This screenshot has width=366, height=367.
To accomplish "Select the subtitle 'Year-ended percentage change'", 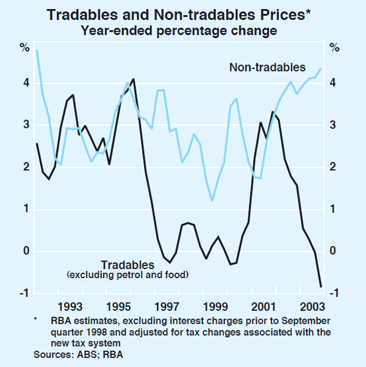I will pyautogui.click(x=183, y=29).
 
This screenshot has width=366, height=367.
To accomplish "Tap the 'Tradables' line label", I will pyautogui.click(x=127, y=265).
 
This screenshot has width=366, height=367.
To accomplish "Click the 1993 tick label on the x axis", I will pyautogui.click(x=72, y=305).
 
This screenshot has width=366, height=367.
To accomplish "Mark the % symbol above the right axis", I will pyautogui.click(x=334, y=47).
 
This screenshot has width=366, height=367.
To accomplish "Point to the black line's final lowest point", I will pyautogui.click(x=321, y=285).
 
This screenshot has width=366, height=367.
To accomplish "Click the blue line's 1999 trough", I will pyautogui.click(x=212, y=200).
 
